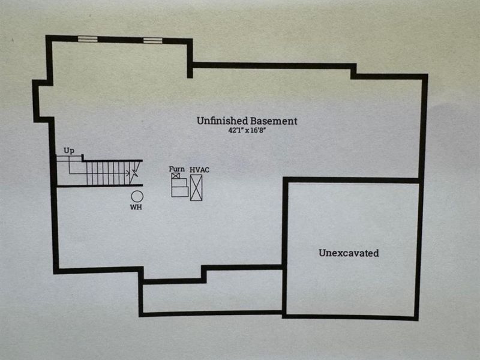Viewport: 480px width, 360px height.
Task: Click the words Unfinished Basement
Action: point(247,121)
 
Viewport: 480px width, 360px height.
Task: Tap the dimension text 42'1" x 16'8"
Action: point(247,131)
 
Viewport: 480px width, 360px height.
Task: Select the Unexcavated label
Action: point(348,253)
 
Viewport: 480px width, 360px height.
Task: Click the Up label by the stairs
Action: point(69,151)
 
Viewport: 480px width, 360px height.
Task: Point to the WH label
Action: point(136,208)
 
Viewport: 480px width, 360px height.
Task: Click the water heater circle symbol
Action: point(137,196)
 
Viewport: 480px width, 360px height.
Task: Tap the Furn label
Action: point(176,169)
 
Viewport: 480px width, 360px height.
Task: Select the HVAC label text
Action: point(199,170)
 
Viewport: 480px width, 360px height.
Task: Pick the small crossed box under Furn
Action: point(176,176)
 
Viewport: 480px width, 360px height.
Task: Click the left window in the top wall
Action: point(88,40)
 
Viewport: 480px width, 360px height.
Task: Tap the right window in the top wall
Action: point(152,41)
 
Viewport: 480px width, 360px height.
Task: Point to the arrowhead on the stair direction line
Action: point(128,173)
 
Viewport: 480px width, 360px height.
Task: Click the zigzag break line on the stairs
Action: point(135,173)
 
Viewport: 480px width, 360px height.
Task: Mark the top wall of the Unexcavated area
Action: point(351,180)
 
